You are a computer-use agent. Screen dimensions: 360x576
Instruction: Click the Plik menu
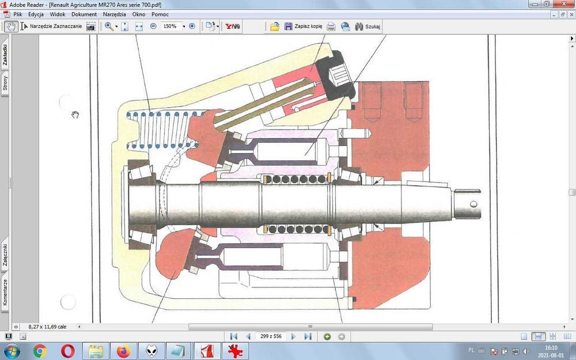(x=17, y=14)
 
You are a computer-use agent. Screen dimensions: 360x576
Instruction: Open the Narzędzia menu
(x=115, y=14)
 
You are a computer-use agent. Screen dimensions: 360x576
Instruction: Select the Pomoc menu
(x=160, y=14)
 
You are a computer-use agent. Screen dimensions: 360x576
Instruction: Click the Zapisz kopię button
(x=304, y=26)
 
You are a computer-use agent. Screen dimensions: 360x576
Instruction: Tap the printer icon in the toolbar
(x=331, y=26)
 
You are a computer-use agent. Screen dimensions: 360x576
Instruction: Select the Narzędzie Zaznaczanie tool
(x=55, y=26)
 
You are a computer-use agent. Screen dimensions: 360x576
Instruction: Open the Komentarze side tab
(x=5, y=292)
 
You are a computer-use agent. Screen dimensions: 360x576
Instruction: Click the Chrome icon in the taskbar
(x=40, y=351)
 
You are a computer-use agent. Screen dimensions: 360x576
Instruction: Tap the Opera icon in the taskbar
(x=67, y=351)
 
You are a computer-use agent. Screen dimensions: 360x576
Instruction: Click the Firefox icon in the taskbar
(x=123, y=351)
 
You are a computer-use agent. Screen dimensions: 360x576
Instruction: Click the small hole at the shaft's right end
(x=473, y=204)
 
